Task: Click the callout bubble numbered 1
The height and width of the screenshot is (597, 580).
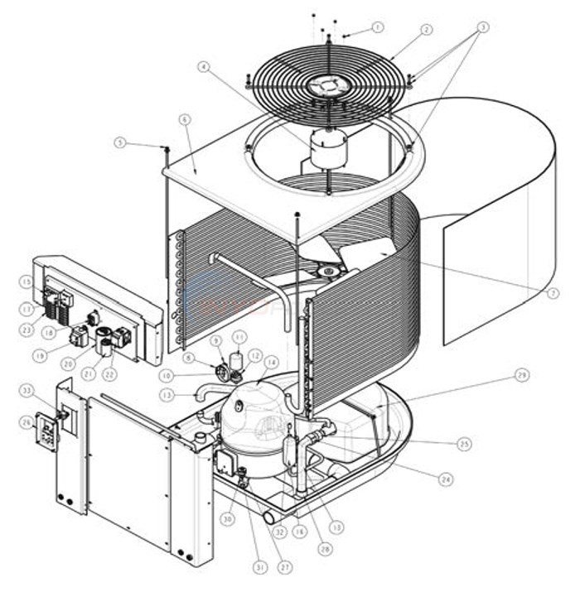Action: coord(378,27)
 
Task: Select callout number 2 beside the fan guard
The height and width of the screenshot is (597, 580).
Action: coord(427,30)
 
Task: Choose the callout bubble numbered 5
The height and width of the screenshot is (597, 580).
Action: coord(121,142)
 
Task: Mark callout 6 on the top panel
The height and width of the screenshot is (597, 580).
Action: coord(184,119)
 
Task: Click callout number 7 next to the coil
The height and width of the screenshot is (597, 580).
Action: coord(553,292)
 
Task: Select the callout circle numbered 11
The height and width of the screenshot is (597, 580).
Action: coord(239,337)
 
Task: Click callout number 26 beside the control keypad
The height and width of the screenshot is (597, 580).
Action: coord(27,422)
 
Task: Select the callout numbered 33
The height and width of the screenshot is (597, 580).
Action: coord(27,389)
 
